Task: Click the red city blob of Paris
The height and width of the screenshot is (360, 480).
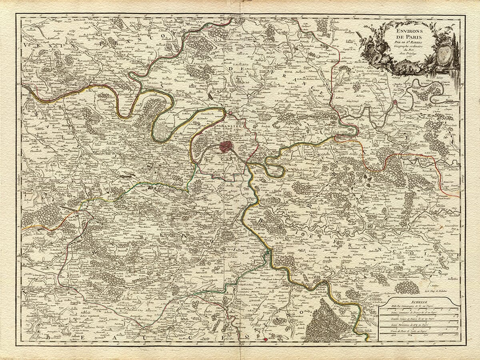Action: click(226, 146)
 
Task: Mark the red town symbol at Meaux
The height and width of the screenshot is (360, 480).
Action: click(395, 102)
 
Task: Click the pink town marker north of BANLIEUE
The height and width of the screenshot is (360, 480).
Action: click(231, 113)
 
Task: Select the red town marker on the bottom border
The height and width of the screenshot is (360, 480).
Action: click(265, 340)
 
